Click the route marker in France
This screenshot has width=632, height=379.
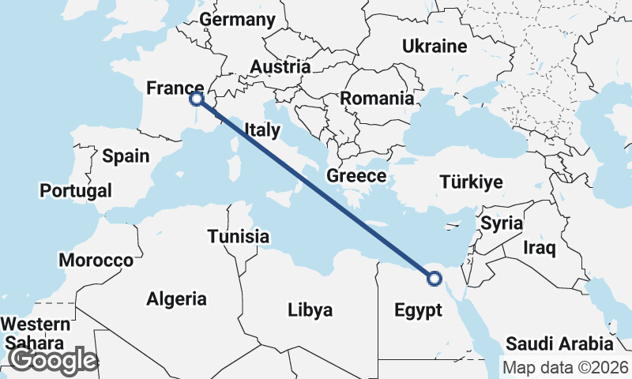point(197,99)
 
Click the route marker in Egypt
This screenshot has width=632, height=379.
point(434,277)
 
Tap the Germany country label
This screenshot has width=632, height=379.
point(237,19)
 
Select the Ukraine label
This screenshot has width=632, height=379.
point(434,47)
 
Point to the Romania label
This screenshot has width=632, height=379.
point(377,99)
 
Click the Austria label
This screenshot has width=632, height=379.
point(279,67)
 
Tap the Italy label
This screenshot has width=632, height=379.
point(261,130)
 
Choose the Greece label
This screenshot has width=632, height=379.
point(356,176)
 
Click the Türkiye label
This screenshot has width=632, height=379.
point(472,182)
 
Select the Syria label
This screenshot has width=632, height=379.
point(502,223)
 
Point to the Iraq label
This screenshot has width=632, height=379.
point(540,249)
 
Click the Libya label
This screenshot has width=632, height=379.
point(310,310)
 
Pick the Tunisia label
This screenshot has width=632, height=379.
point(239,236)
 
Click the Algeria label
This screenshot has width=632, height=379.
point(176,299)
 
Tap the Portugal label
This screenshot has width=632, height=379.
point(76,190)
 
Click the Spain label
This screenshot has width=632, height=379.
point(126,156)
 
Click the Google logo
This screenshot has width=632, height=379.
point(53,360)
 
